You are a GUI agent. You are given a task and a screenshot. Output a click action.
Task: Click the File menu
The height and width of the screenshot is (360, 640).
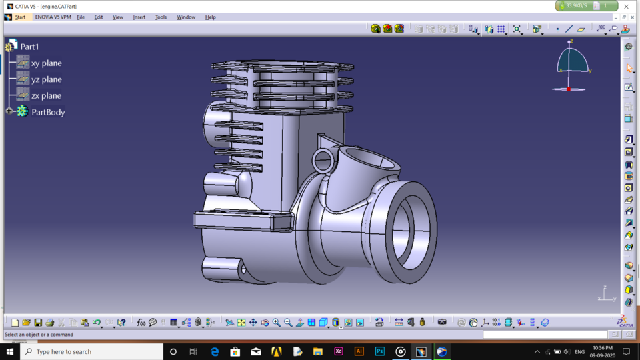[x=81, y=17]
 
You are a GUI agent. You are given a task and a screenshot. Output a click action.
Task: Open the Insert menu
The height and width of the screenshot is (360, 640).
[x=139, y=17]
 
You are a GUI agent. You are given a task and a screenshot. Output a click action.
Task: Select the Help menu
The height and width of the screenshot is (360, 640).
[x=210, y=17]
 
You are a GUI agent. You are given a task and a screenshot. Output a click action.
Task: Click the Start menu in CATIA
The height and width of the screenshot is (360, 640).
[x=20, y=17]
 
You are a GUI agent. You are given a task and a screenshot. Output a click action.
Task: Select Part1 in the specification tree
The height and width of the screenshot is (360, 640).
[x=29, y=47]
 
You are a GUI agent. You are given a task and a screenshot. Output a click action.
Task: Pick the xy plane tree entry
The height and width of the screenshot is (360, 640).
[x=46, y=63]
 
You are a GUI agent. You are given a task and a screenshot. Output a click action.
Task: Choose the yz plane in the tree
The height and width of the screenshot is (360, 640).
[x=46, y=79]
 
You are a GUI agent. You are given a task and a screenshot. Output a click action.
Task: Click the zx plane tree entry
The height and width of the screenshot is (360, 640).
[x=46, y=96]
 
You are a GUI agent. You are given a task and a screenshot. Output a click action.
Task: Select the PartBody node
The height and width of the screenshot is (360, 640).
[x=48, y=112]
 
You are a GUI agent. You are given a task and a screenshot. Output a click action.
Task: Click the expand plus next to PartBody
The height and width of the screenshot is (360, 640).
[x=9, y=111]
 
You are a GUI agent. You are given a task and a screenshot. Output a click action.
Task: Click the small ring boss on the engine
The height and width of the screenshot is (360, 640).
[x=323, y=159]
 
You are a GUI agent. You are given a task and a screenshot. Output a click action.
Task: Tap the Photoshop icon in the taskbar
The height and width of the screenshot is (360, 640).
[x=380, y=351]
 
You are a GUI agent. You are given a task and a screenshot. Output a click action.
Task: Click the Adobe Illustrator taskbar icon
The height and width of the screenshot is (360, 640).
[x=359, y=351]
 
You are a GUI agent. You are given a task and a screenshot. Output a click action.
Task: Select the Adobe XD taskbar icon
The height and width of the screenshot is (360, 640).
[x=339, y=351]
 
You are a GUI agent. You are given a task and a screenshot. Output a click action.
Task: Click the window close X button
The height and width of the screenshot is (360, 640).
[x=626, y=7]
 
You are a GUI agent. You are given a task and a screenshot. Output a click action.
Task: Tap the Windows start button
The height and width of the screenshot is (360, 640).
[x=10, y=351]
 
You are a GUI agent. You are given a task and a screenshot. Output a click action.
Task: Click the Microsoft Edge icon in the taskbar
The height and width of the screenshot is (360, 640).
[x=215, y=351]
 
